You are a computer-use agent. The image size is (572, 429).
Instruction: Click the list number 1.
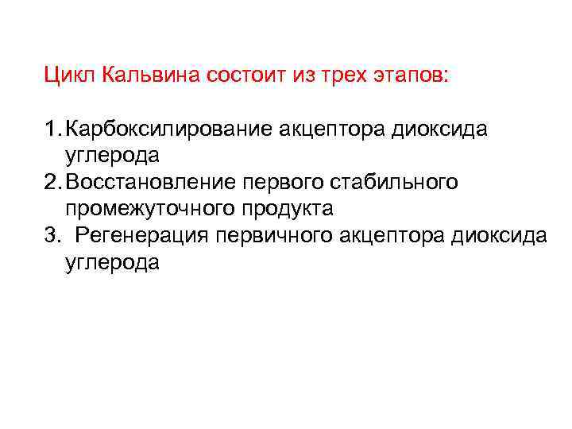tap(51, 129)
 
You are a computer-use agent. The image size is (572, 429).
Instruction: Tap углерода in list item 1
tap(113, 157)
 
